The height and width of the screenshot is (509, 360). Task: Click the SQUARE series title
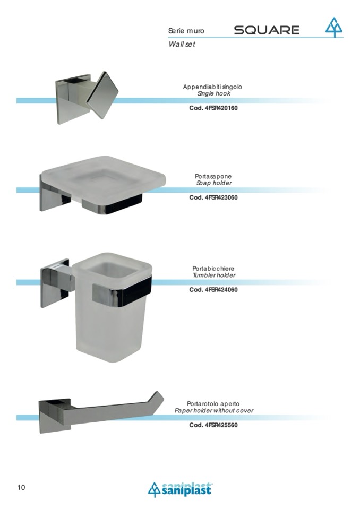tap(267, 30)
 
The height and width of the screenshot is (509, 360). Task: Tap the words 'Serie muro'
tap(186, 31)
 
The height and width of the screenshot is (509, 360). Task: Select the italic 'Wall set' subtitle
tap(182, 44)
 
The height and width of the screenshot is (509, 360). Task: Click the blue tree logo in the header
tap(334, 27)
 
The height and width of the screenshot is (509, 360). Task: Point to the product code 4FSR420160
tap(213, 108)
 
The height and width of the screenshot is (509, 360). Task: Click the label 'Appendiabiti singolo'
tap(212, 87)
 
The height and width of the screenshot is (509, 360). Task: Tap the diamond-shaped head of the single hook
tap(102, 95)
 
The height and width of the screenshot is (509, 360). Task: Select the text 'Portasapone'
tap(213, 176)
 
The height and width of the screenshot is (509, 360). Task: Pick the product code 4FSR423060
tap(213, 197)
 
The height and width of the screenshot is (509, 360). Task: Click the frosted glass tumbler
tap(112, 307)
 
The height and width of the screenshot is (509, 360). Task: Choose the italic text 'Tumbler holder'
tap(214, 275)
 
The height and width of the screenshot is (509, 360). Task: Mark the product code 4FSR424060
tap(213, 290)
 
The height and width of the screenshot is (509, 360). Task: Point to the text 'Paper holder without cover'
tap(214, 411)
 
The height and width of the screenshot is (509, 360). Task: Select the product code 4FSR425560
tap(213, 425)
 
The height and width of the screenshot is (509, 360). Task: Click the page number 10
tap(21, 487)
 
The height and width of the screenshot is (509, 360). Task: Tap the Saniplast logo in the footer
tap(180, 489)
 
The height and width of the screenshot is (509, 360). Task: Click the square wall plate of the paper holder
tap(55, 416)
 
